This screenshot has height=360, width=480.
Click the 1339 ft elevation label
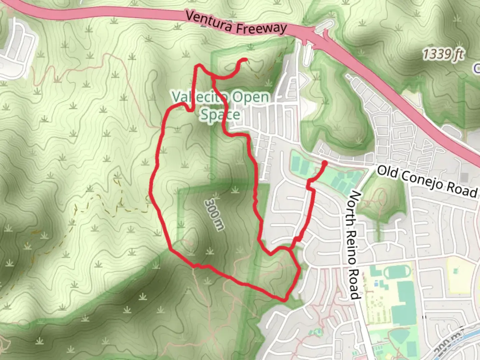click(443, 54)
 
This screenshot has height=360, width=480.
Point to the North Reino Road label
click(353, 245)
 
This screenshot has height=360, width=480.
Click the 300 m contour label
click(214, 214)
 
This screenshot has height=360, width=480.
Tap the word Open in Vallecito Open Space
click(250, 97)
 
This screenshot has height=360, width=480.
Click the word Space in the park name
click(220, 114)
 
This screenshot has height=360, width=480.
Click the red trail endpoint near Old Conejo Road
click(324, 163)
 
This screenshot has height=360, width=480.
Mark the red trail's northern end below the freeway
click(246, 60)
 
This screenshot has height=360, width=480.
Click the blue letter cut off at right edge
click(477, 68)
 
